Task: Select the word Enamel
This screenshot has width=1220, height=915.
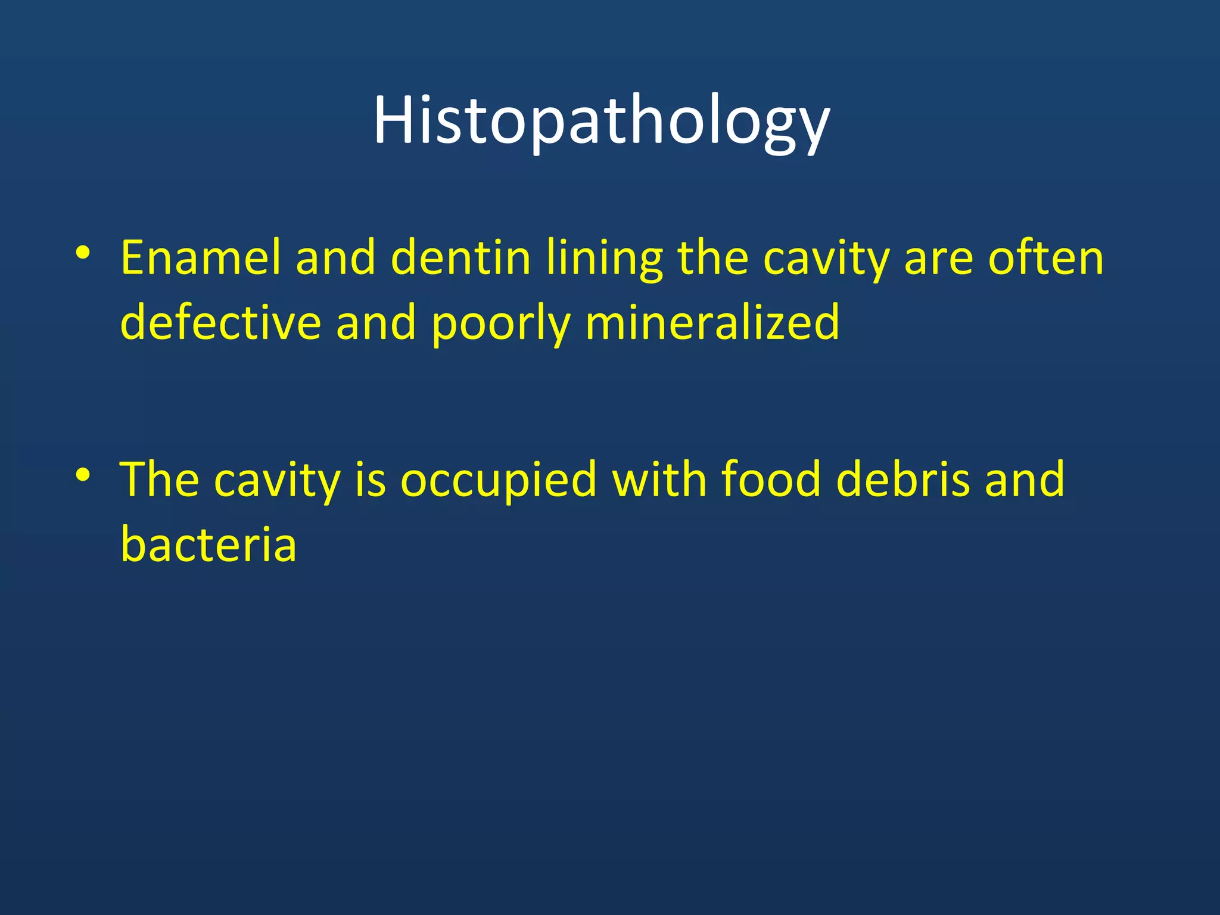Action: coord(200,257)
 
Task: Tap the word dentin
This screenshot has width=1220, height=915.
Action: coord(460,257)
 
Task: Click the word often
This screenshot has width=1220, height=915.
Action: coord(1046,257)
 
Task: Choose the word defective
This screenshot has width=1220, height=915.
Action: coord(220,322)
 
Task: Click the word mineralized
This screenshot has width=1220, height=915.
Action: coord(712,322)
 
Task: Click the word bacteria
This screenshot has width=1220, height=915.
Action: coord(208,543)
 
